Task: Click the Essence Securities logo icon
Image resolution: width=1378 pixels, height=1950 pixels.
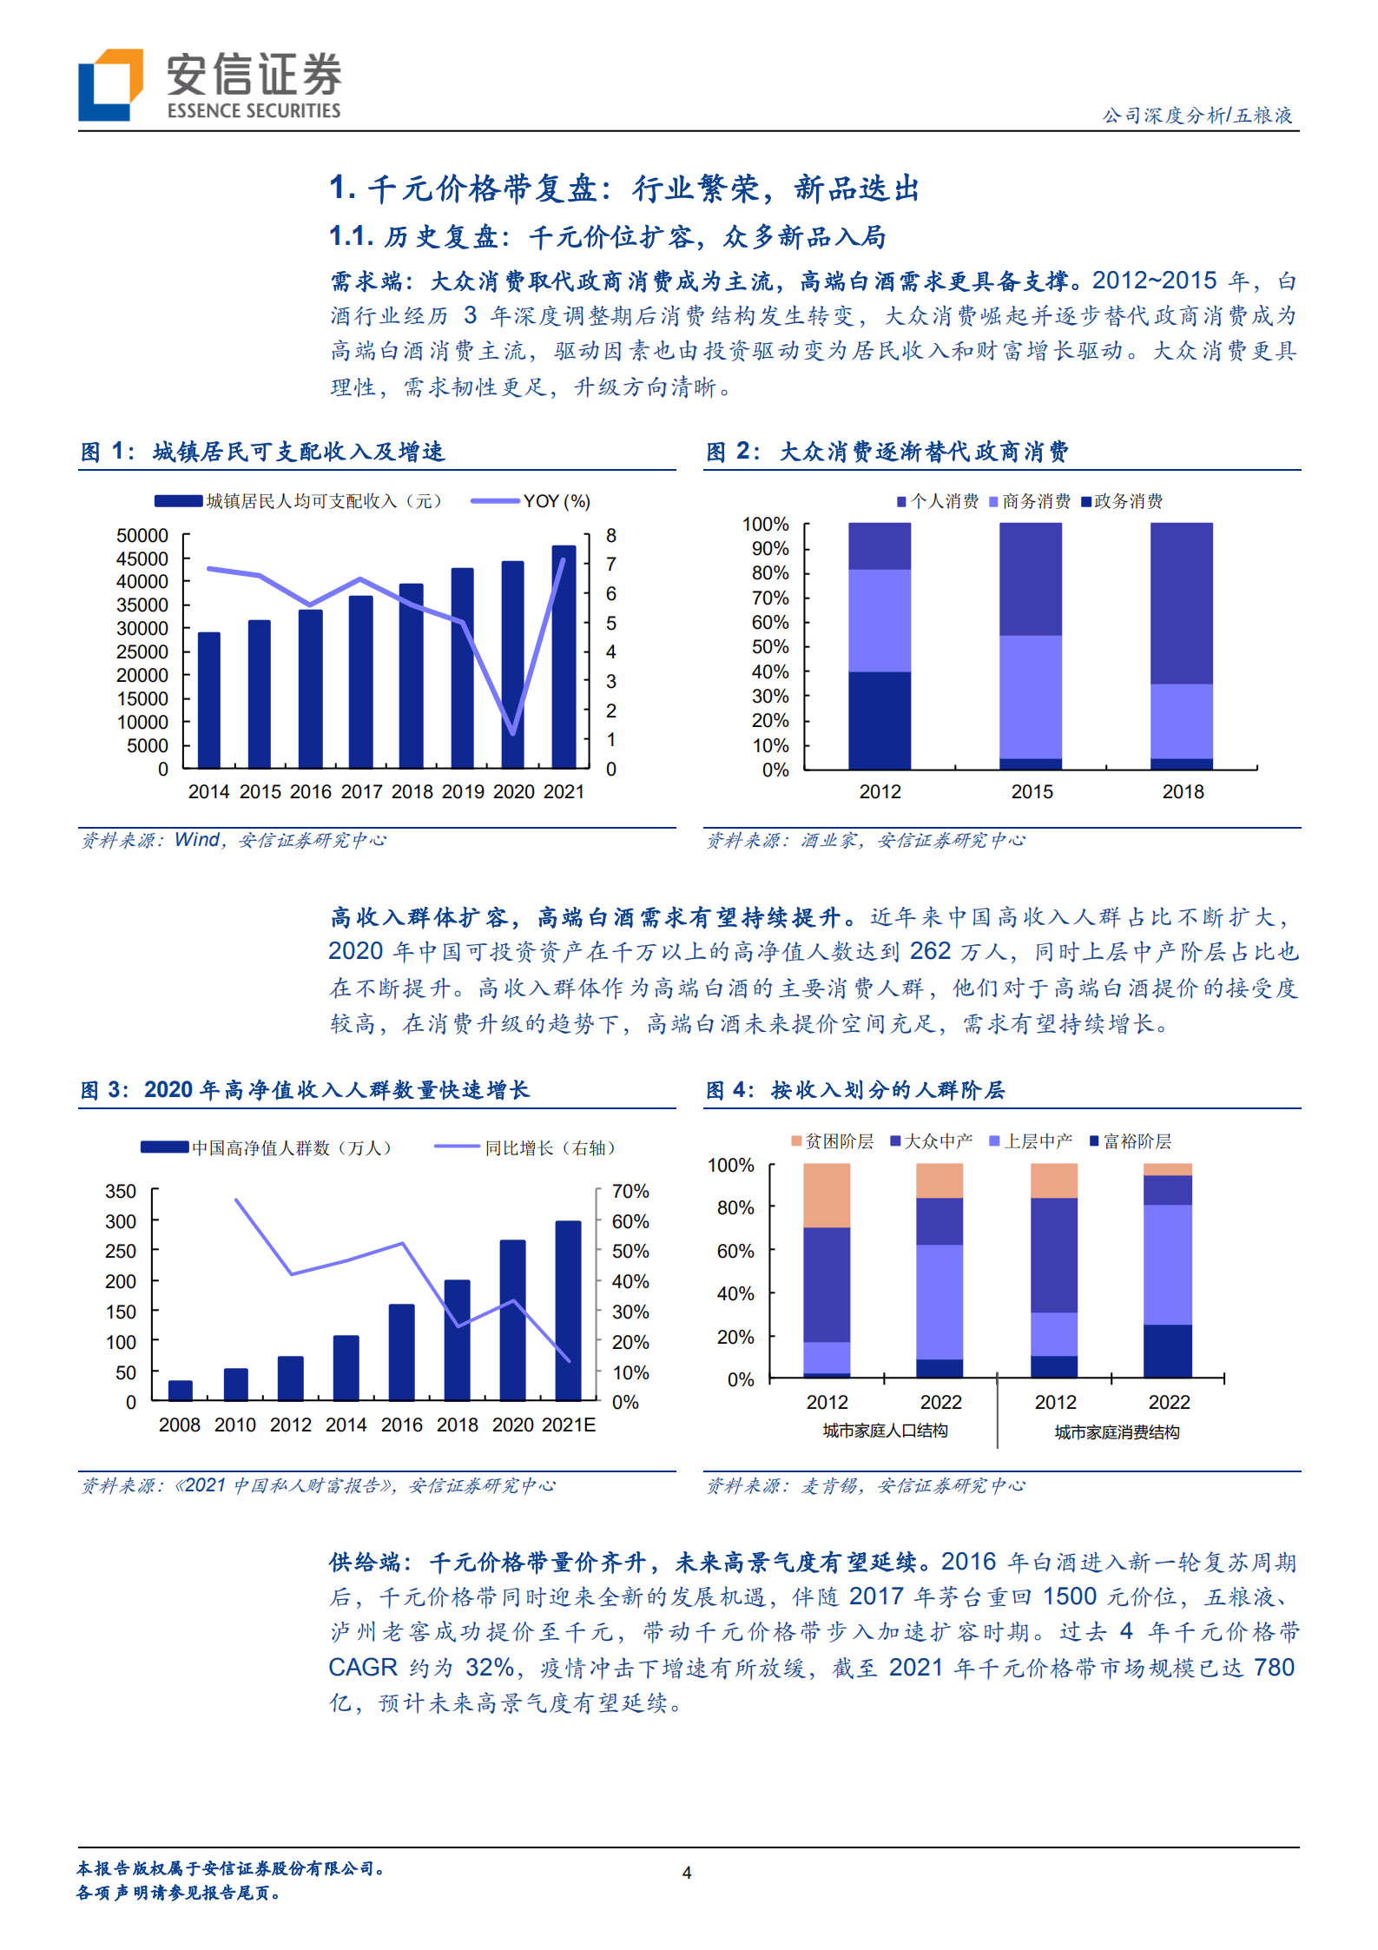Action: click(110, 84)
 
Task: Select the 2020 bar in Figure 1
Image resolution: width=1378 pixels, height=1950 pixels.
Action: click(512, 664)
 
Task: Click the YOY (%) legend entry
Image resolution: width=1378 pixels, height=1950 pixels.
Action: click(531, 501)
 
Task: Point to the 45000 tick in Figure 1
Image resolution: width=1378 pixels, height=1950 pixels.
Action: click(142, 559)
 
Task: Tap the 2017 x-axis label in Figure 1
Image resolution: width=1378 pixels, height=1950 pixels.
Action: click(361, 792)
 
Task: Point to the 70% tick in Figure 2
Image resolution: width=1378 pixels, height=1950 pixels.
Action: click(770, 598)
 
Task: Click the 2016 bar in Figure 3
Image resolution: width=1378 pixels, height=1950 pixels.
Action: click(401, 1352)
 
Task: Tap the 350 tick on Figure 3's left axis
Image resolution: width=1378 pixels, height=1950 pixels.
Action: click(121, 1191)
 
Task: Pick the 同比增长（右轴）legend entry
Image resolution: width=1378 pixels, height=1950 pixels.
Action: click(526, 1148)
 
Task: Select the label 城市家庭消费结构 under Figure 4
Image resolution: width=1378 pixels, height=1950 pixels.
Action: click(1117, 1432)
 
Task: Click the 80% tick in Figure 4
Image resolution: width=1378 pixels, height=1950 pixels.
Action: click(735, 1207)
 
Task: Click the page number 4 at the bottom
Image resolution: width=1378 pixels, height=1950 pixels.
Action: click(687, 1873)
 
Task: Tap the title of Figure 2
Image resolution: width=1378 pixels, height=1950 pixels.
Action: click(887, 452)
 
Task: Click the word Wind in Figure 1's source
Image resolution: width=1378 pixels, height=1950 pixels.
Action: click(197, 840)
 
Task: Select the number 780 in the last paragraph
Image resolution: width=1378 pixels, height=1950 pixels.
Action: click(1274, 1668)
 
